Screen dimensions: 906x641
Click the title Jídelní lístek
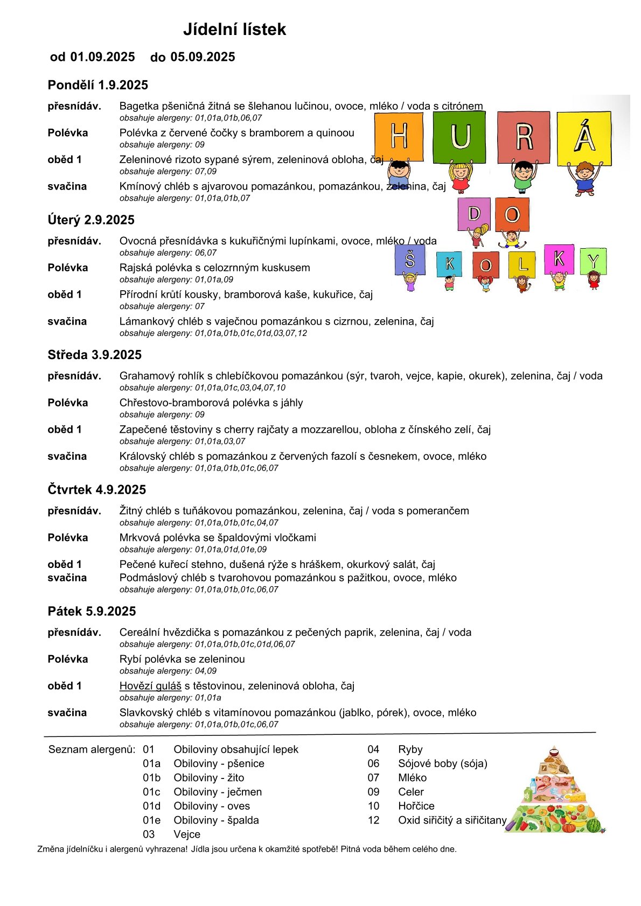[234, 29]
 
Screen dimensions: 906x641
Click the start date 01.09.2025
[102, 57]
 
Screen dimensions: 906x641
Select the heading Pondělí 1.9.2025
[97, 85]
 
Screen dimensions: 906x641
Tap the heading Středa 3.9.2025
[94, 355]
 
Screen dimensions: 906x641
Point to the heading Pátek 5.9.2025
[92, 611]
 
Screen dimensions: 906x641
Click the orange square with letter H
[399, 136]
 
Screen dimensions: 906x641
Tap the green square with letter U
[459, 137]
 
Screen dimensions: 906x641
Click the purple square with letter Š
[410, 259]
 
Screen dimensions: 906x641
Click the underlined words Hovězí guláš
[150, 686]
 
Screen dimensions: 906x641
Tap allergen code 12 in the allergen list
[374, 820]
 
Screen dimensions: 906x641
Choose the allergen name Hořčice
[416, 806]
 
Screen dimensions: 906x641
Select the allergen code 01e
[151, 820]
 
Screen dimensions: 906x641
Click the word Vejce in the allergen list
[187, 834]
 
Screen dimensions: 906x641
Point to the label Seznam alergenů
[92, 749]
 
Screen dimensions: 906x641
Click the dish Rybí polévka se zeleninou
[182, 659]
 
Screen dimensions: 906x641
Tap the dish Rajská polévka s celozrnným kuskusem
[214, 268]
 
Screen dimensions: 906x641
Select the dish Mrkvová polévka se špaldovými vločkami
[218, 537]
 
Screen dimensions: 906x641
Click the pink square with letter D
[473, 214]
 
